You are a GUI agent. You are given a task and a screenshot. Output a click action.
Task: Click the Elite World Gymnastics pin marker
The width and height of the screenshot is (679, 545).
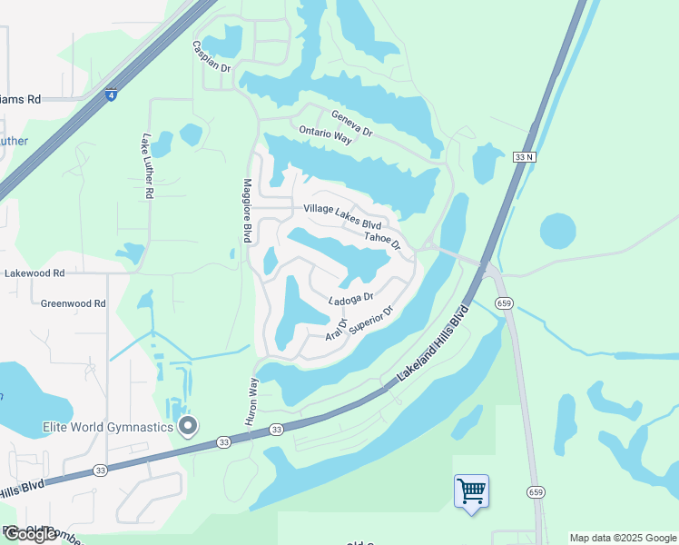click(x=188, y=425)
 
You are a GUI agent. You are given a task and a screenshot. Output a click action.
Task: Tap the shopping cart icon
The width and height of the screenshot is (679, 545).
click(x=471, y=491)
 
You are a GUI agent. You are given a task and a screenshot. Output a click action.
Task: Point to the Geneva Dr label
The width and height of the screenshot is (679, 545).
click(x=352, y=123)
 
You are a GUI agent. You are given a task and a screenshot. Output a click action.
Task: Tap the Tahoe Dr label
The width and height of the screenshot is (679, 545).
click(x=382, y=239)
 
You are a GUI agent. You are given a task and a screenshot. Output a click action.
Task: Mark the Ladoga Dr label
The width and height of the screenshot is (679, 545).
click(x=351, y=299)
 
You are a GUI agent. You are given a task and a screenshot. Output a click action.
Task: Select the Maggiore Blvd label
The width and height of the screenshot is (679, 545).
click(x=246, y=210)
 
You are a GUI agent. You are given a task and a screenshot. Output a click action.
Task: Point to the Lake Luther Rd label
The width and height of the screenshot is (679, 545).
click(x=147, y=166)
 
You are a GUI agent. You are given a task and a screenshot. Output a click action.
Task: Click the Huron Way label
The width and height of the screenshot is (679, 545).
click(x=251, y=401)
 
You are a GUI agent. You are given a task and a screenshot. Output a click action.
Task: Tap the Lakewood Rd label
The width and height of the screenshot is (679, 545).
click(x=34, y=272)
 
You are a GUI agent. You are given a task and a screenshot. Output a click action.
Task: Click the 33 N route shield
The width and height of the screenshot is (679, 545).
click(x=525, y=157)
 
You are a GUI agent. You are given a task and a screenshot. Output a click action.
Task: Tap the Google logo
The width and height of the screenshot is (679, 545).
click(x=31, y=534)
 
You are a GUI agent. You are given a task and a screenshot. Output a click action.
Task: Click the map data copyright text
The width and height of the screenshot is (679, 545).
click(x=623, y=538)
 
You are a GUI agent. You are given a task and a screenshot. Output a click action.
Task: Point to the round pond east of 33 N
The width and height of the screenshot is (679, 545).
click(x=557, y=231)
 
